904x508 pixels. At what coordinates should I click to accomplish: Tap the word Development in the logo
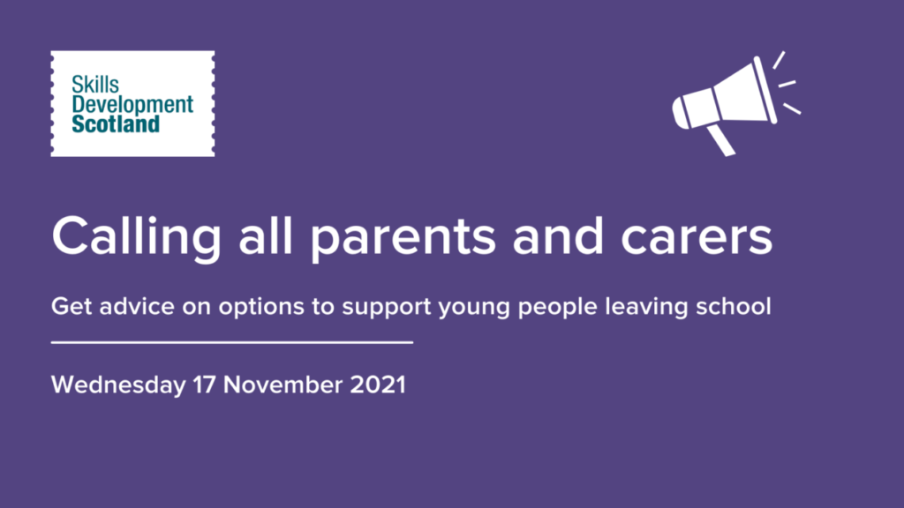[x=132, y=105]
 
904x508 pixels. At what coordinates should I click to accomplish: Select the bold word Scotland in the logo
[x=116, y=123]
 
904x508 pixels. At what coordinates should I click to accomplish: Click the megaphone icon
[x=736, y=104]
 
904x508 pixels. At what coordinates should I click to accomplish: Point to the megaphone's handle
[x=721, y=140]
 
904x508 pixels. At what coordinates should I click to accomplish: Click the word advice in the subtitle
[x=137, y=306]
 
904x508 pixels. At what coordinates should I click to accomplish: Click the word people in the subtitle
[x=558, y=307]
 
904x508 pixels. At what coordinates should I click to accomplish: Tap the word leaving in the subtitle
[x=646, y=307]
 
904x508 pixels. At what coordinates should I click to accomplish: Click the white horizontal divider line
[x=232, y=342]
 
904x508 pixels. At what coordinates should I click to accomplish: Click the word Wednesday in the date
[x=118, y=385]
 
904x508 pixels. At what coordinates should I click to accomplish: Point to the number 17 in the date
[x=204, y=385]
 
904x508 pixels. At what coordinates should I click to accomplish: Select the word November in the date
[x=282, y=385]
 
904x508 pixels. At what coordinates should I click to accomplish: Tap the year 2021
[x=378, y=385]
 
